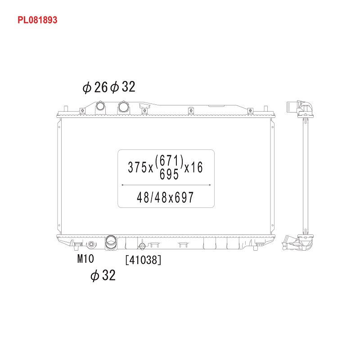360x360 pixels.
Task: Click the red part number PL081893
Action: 37,20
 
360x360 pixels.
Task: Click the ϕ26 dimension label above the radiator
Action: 95,87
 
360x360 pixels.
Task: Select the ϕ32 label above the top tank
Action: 122,87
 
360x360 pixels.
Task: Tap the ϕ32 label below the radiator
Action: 103,275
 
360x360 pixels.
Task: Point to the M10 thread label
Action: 85,259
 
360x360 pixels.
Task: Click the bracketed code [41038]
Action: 143,260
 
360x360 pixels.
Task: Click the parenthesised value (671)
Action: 170,161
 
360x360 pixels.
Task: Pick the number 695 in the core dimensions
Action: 169,174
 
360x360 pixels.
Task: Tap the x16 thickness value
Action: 193,167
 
